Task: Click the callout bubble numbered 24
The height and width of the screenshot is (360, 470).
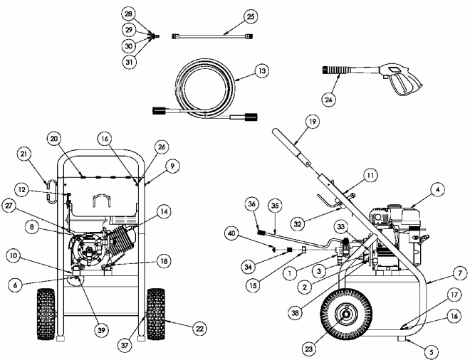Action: point(330,100)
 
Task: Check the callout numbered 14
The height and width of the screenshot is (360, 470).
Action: point(164,211)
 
